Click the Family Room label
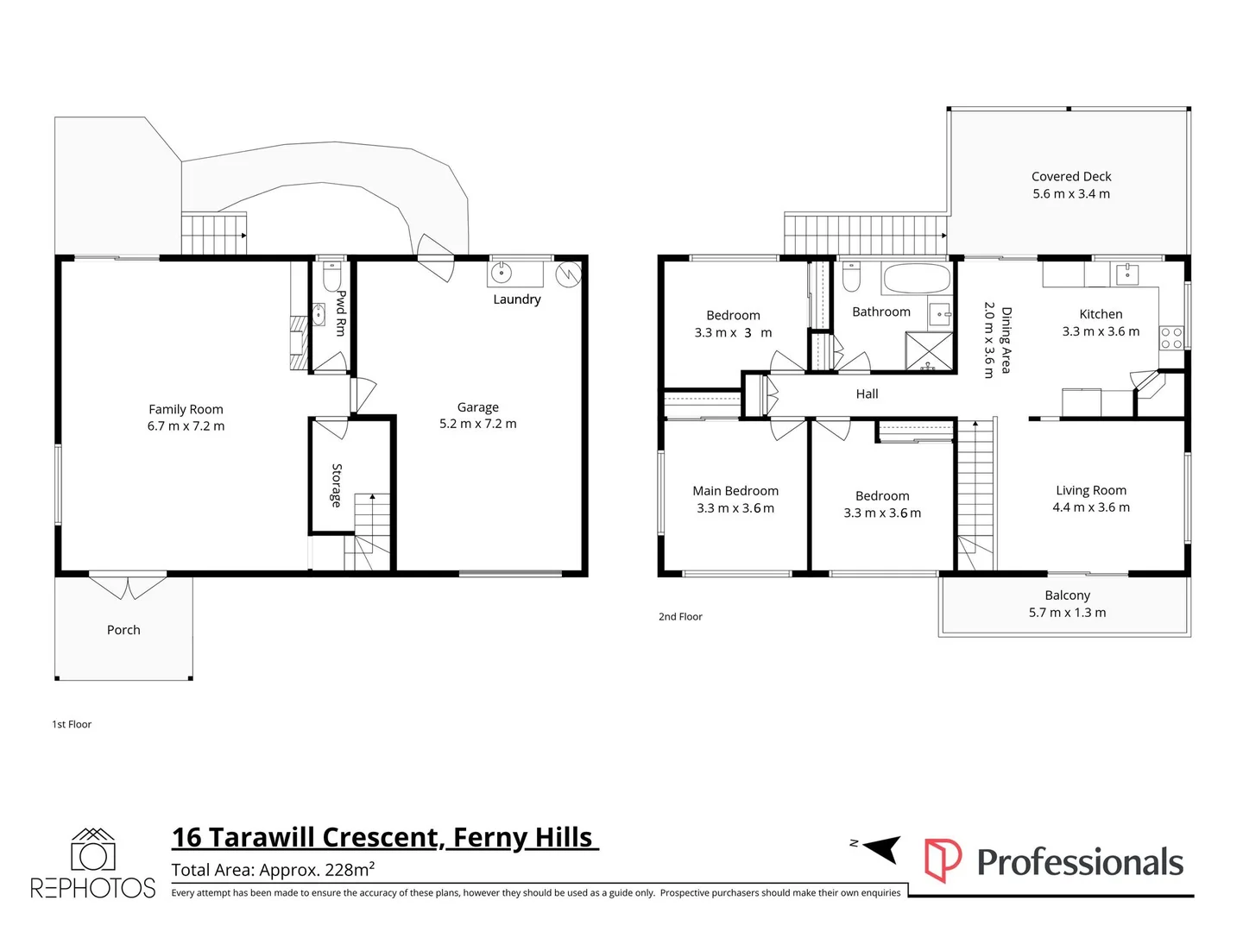[186, 409]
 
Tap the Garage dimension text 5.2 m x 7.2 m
[478, 424]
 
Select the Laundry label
[516, 299]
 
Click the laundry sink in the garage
[502, 274]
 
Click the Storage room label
[337, 485]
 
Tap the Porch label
[123, 630]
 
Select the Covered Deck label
[1071, 177]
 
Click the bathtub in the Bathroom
[917, 279]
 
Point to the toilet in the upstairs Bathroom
[851, 276]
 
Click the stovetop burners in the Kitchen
[1171, 337]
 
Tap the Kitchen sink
[1127, 274]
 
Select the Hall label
[867, 394]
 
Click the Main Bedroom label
[735, 491]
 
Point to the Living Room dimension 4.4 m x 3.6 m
[1091, 507]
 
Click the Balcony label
[1068, 595]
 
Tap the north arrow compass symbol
[881, 850]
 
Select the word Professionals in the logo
[1080, 862]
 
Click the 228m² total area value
[349, 869]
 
